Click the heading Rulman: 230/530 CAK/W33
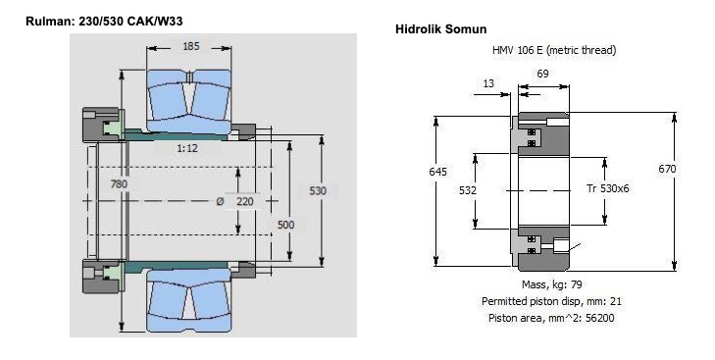click(x=104, y=21)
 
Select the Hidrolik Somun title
click(x=441, y=29)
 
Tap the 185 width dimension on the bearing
click(x=190, y=46)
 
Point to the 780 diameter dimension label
click(x=119, y=183)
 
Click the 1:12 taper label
click(x=187, y=148)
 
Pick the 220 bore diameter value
click(x=245, y=201)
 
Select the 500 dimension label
click(x=286, y=225)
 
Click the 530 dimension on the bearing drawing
click(x=318, y=190)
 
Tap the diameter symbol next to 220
click(x=221, y=201)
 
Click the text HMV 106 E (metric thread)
click(x=554, y=50)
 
